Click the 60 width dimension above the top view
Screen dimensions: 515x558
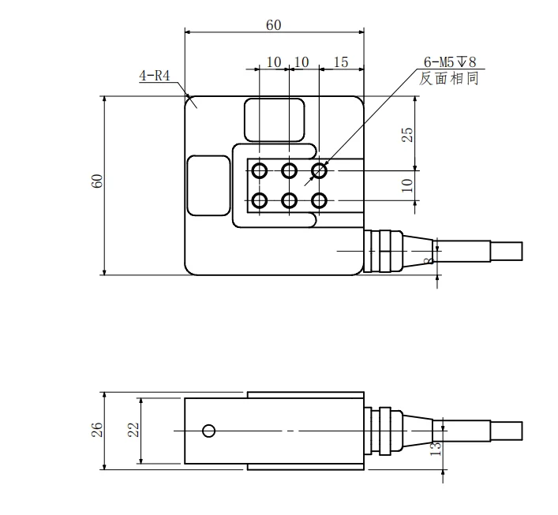pyautogui.click(x=273, y=24)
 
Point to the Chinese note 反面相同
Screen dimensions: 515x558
pyautogui.click(x=449, y=79)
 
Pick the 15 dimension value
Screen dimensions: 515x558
pyautogui.click(x=341, y=62)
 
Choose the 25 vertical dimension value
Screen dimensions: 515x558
pyautogui.click(x=407, y=134)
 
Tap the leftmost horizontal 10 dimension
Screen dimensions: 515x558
pyautogui.click(x=273, y=62)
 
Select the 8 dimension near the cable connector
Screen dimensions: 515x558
pyautogui.click(x=427, y=260)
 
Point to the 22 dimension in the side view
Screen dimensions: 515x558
pyautogui.click(x=133, y=430)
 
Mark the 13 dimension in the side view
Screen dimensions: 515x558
pyautogui.click(x=433, y=447)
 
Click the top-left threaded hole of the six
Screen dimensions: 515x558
pyautogui.click(x=259, y=170)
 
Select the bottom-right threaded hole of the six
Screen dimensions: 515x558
pyautogui.click(x=319, y=200)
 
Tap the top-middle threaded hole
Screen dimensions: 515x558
pyautogui.click(x=289, y=170)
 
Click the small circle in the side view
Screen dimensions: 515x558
pyautogui.click(x=208, y=431)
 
